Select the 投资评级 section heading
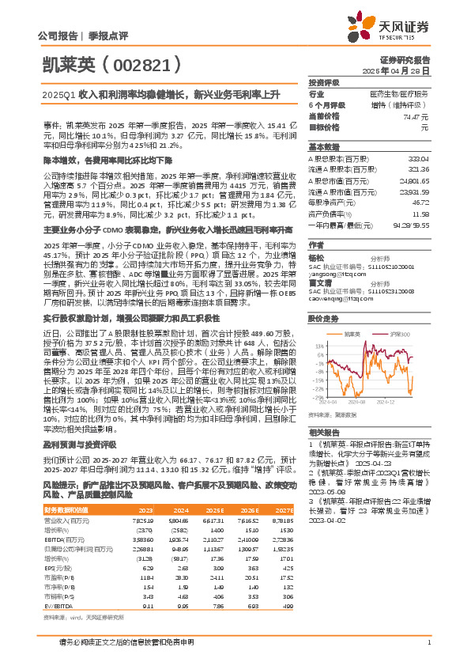pyautogui.click(x=323, y=82)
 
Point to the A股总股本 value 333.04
pyautogui.click(x=420, y=159)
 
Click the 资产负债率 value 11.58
pyautogui.click(x=421, y=214)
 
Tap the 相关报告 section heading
pyautogui.click(x=323, y=433)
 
